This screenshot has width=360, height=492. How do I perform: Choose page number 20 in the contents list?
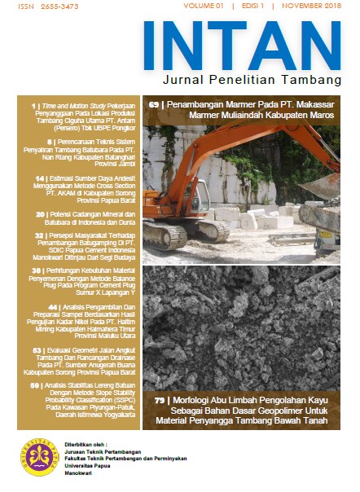click(40, 214)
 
